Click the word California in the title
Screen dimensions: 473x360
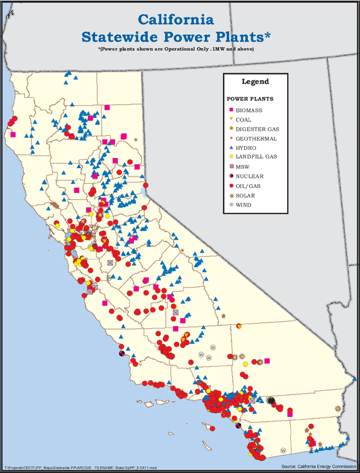176,20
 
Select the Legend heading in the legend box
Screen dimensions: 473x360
255,82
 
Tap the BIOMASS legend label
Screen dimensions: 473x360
249,110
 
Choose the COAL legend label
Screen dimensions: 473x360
244,119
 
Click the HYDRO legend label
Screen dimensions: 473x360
245,148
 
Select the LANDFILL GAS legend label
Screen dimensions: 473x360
256,157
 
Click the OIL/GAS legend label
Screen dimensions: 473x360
248,185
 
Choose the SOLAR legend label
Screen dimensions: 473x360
244,195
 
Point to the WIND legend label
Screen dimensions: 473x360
243,205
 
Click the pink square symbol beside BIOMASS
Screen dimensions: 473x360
230,110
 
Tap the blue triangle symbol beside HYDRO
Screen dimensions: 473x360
230,148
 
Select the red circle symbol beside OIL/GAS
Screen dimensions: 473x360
230,185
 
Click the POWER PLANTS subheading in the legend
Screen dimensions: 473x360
250,98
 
